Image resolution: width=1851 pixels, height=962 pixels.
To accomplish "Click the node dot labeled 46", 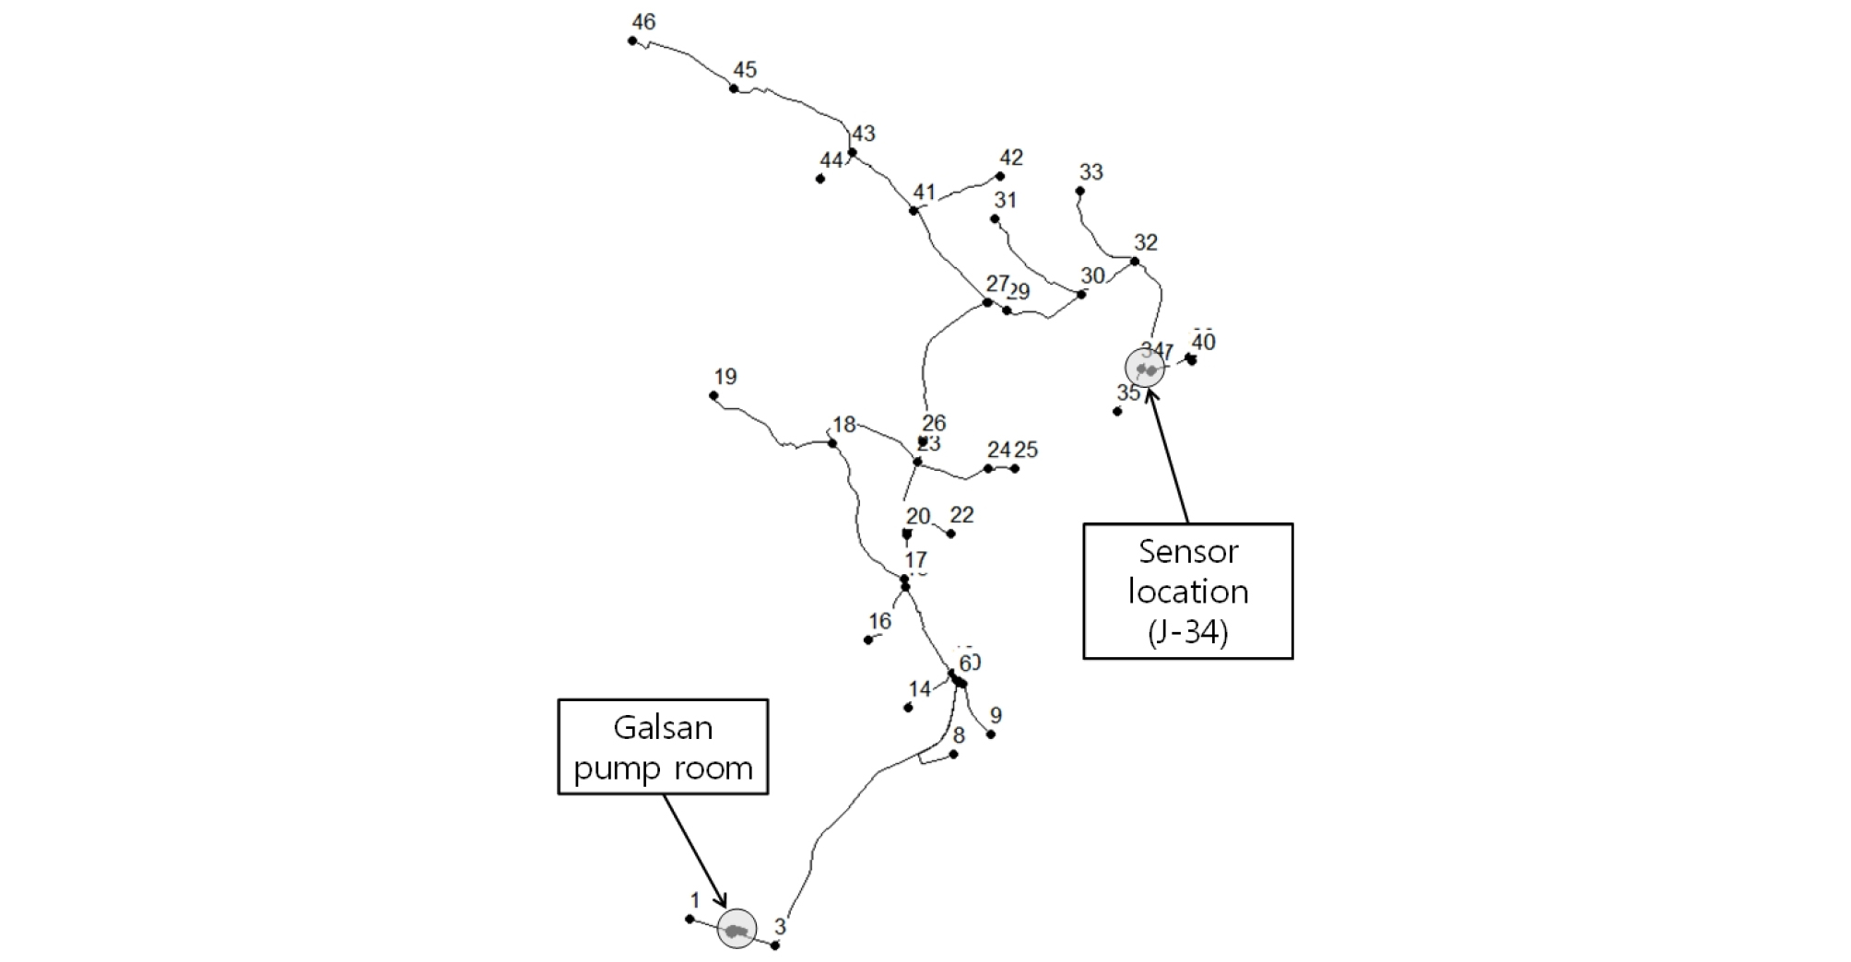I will click(x=632, y=41).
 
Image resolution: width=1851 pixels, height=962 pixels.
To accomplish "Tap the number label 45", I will click(x=745, y=70).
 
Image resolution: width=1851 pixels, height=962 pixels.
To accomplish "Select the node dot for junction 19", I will click(x=713, y=396).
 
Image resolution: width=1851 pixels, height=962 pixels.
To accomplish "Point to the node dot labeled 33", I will click(x=1080, y=192).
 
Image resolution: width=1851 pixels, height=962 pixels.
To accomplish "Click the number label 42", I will click(x=1011, y=158).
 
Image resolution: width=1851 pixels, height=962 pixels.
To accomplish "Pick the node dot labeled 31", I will click(x=995, y=219).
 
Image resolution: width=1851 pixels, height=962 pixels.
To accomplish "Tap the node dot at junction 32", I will click(x=1135, y=262).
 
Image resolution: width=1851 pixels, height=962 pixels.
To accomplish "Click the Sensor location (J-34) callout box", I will click(x=1187, y=592).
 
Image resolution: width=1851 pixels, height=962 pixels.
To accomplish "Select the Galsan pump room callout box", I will click(x=663, y=746).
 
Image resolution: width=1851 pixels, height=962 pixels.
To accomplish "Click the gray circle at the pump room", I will click(x=737, y=929).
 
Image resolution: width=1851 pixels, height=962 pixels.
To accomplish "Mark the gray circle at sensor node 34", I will click(x=1145, y=368).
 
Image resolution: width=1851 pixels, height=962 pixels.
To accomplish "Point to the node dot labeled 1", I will click(x=690, y=919).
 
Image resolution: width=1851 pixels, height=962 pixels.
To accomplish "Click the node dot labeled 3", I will click(x=775, y=945).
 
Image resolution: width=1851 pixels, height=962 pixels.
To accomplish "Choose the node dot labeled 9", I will click(x=991, y=734).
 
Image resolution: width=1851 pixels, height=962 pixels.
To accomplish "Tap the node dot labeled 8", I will click(x=954, y=755).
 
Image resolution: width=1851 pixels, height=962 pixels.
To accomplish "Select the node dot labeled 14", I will click(x=908, y=708).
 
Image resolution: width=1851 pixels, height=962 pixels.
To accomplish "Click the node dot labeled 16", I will click(x=868, y=639).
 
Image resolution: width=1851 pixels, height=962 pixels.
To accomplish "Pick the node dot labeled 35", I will click(x=1117, y=411).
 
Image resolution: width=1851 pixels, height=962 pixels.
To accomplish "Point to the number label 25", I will click(x=1026, y=450).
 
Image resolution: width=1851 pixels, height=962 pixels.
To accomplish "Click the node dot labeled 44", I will click(x=820, y=179).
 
